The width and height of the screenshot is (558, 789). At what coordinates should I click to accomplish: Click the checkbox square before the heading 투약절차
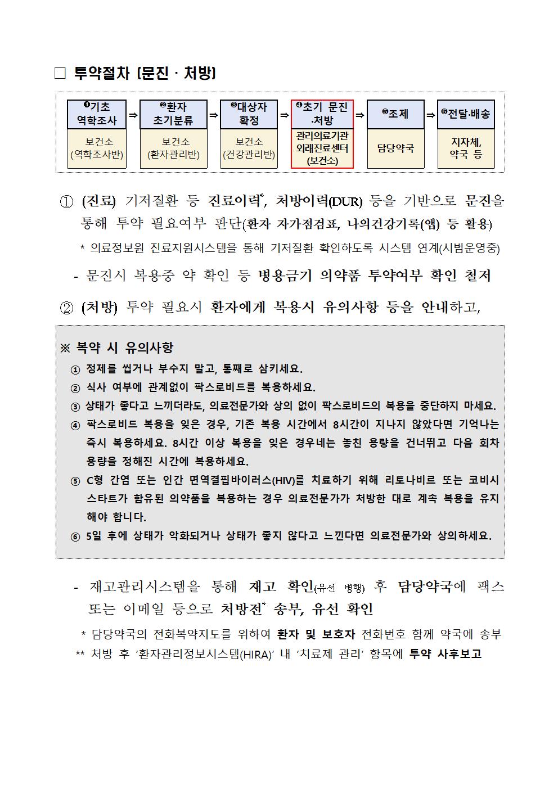[x=60, y=74]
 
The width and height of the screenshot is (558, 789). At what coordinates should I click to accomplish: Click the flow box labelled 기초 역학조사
[x=97, y=114]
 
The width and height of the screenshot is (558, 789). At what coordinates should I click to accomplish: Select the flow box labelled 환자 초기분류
[x=173, y=114]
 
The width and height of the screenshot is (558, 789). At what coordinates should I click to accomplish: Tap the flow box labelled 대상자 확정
[x=249, y=114]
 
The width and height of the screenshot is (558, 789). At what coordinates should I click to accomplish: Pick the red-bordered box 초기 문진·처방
[x=322, y=114]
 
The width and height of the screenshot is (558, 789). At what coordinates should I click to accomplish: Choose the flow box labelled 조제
[x=395, y=114]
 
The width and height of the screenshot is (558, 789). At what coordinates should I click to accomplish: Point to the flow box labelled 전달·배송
[x=466, y=114]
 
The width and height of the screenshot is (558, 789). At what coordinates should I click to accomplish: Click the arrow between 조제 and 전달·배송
[x=431, y=115]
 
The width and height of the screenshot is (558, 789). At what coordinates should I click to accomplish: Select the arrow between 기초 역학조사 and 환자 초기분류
[x=133, y=115]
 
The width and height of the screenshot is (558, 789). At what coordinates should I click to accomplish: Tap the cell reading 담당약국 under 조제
[x=395, y=148]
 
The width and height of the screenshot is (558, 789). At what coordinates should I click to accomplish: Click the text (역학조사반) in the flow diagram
[x=97, y=155]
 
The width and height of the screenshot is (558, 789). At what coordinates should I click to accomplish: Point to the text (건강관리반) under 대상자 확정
[x=249, y=155]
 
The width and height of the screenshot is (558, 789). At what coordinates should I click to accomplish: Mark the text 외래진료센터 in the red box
[x=322, y=148]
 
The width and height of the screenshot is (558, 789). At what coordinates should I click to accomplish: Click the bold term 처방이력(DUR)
[x=319, y=201]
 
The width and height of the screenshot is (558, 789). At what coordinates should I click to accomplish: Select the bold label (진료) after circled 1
[x=98, y=201]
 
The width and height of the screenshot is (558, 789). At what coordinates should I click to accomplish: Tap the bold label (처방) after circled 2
[x=98, y=307]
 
